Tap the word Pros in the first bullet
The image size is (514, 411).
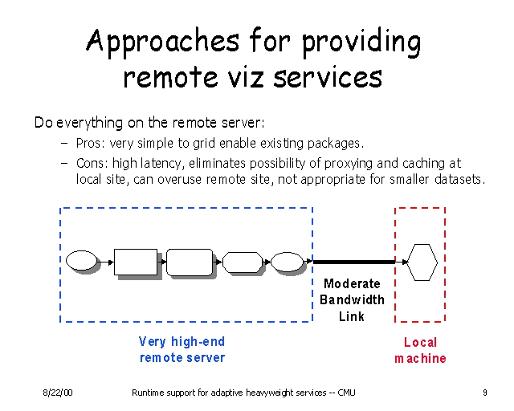coord(88,144)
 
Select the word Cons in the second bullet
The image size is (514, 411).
coord(90,163)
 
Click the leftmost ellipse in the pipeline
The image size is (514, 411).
coord(80,261)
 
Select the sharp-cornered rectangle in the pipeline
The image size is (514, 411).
coord(135,262)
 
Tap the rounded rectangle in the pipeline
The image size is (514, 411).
coord(189,262)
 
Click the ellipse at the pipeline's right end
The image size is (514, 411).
coord(286,262)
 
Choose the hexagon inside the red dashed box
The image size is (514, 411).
coord(421,262)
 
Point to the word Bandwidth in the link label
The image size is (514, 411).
coord(352,299)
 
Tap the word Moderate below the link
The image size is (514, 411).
coord(352,283)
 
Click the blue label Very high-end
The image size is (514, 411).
coord(182,341)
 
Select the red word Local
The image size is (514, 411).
coord(420,342)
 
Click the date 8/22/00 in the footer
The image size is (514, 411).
coord(59,393)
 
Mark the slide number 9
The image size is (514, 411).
coord(485,393)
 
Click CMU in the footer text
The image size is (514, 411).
coord(346,393)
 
